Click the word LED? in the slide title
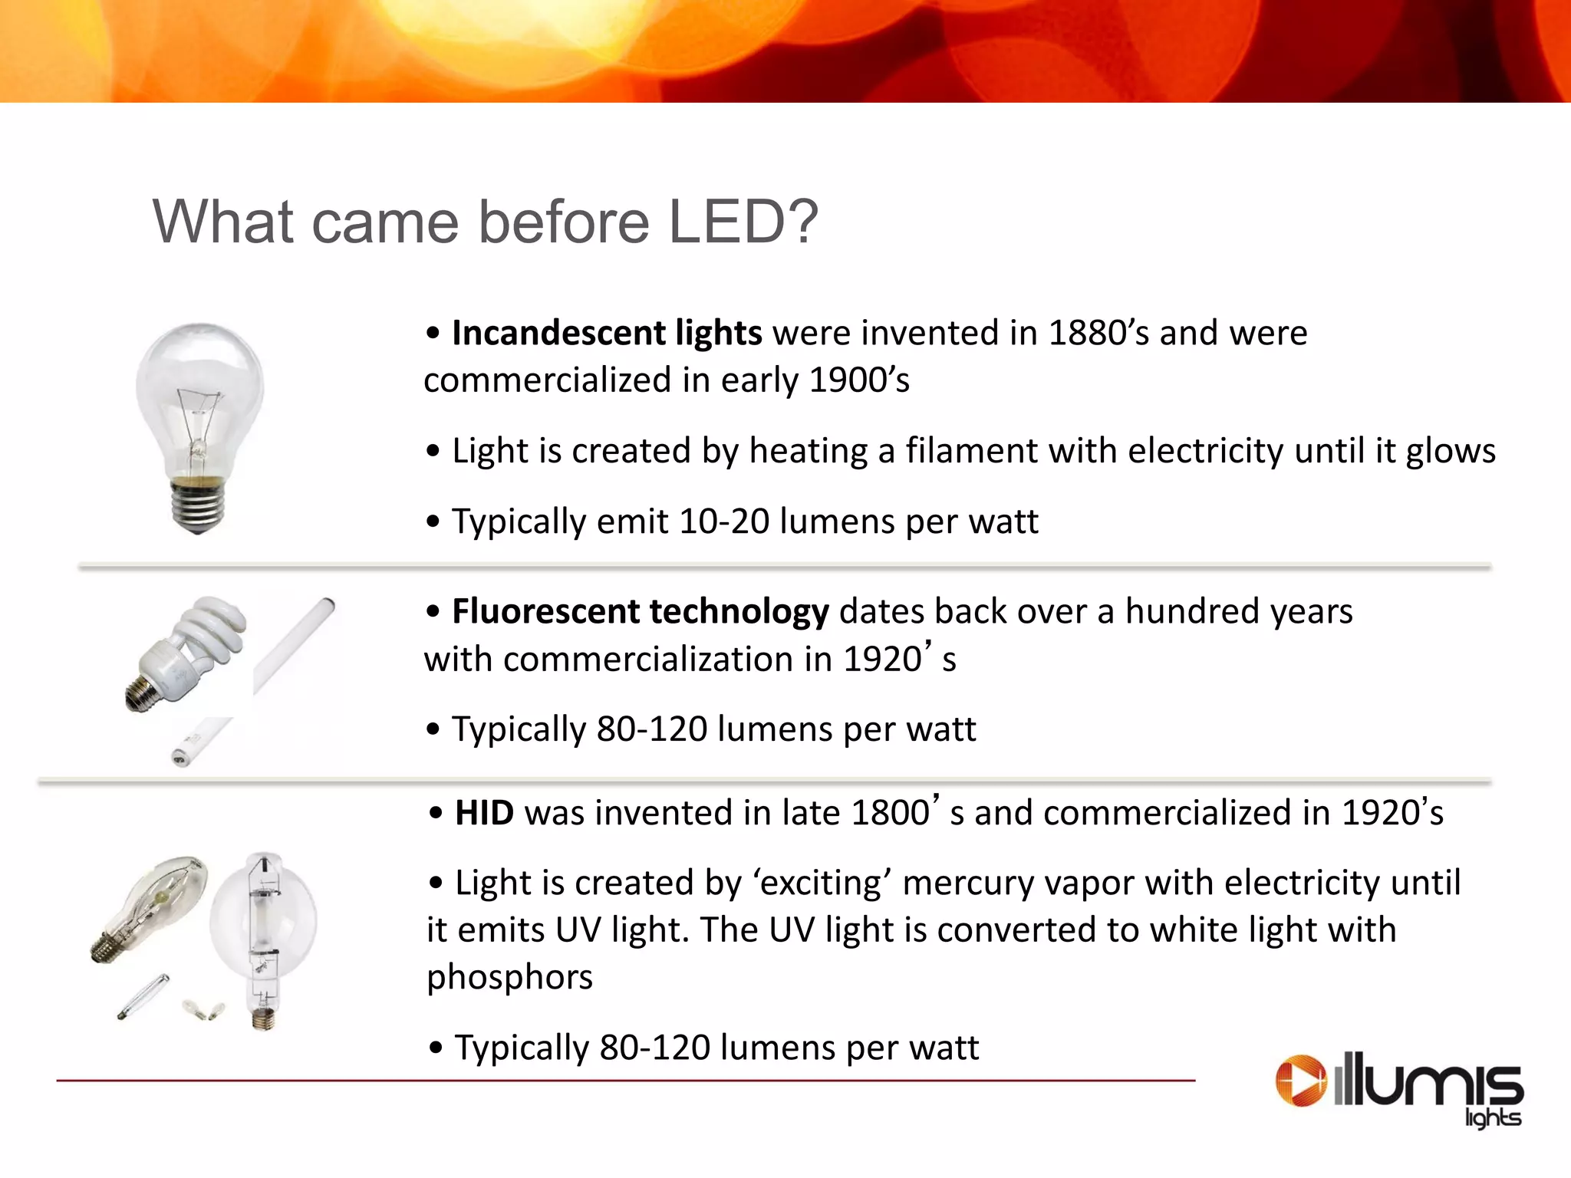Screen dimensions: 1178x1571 click(x=743, y=222)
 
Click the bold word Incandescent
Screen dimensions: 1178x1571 click(x=558, y=334)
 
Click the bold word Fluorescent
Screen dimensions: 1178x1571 click(x=546, y=612)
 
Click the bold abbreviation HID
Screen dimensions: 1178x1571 click(x=484, y=814)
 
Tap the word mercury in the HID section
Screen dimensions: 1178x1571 click(x=962, y=883)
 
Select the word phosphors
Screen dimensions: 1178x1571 click(x=510, y=978)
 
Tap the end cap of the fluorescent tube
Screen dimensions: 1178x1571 click(x=180, y=758)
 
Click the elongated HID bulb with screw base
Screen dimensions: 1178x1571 click(x=153, y=905)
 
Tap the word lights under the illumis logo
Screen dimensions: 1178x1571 click(x=1492, y=1118)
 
